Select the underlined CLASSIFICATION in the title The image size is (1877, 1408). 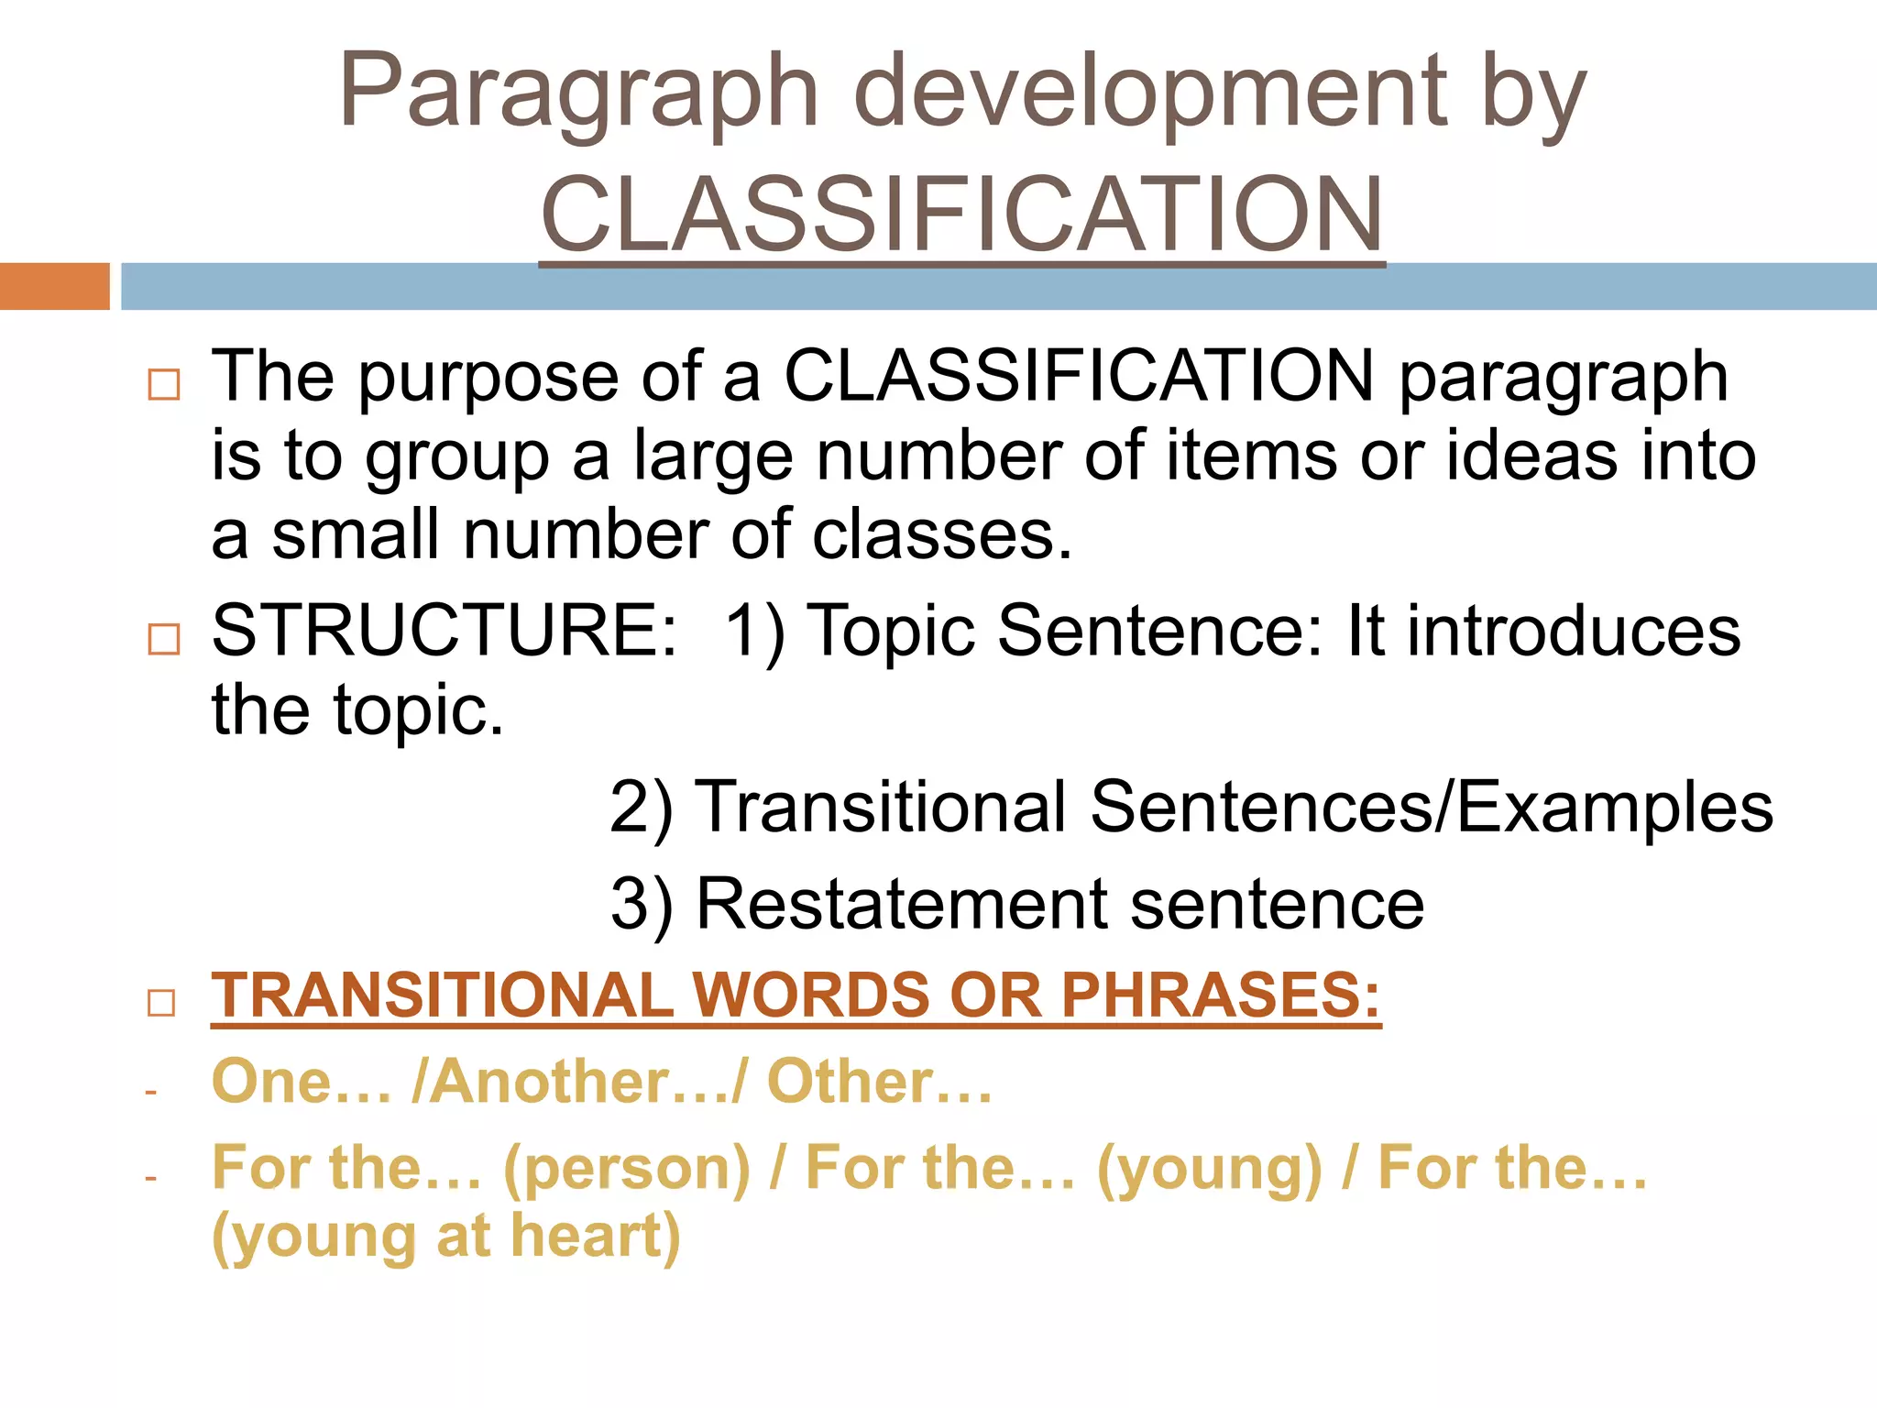[x=961, y=214]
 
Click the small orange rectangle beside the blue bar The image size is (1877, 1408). [x=54, y=286]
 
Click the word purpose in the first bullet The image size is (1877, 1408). [x=488, y=378]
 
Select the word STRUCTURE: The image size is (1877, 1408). [x=445, y=631]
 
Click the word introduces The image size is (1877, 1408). [x=1574, y=631]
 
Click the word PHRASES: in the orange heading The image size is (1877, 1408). [x=1220, y=995]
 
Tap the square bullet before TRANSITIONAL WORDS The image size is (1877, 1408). [x=161, y=1003]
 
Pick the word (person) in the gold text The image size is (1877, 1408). [x=628, y=1170]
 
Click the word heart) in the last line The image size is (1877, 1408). [x=596, y=1237]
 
